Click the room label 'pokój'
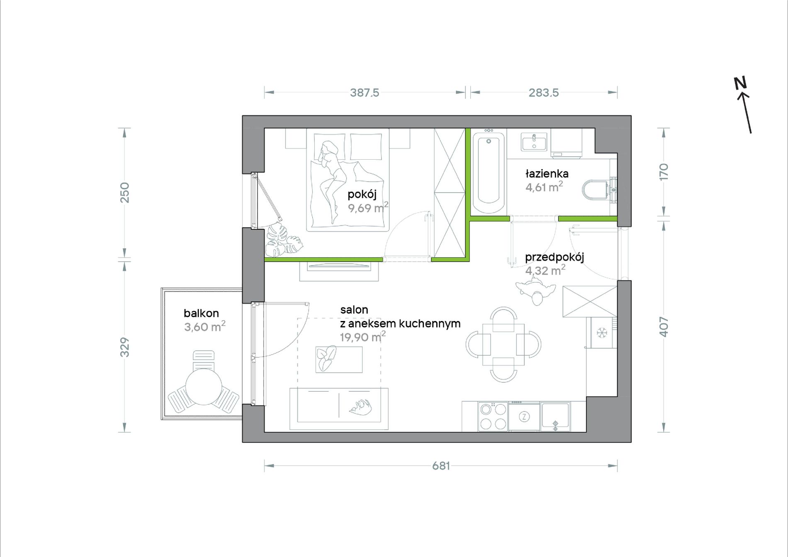(362, 194)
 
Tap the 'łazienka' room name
(547, 173)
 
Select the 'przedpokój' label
(555, 258)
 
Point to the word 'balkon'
(201, 313)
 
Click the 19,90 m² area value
(363, 337)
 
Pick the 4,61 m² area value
(544, 187)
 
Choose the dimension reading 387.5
(365, 92)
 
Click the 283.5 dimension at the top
(543, 92)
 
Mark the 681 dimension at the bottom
(441, 466)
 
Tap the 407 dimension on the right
(664, 327)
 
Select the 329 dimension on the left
(124, 347)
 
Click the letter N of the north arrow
(740, 83)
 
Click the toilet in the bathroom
(597, 190)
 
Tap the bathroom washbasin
(534, 141)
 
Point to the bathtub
(489, 172)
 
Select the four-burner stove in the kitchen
(493, 416)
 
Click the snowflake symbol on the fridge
(601, 333)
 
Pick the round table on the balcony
(204, 387)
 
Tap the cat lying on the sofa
(360, 406)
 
